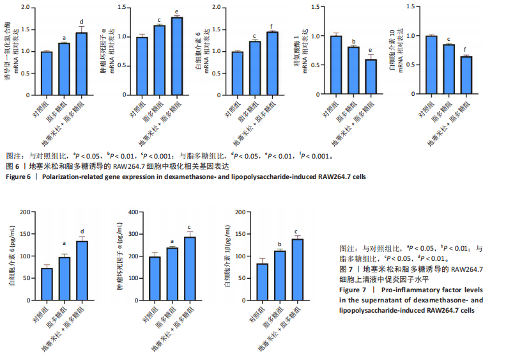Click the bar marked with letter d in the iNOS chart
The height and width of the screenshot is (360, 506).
coord(81,63)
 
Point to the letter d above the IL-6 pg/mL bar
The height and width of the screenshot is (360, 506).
coord(82,231)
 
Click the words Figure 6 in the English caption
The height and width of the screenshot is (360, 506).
coord(20,176)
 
